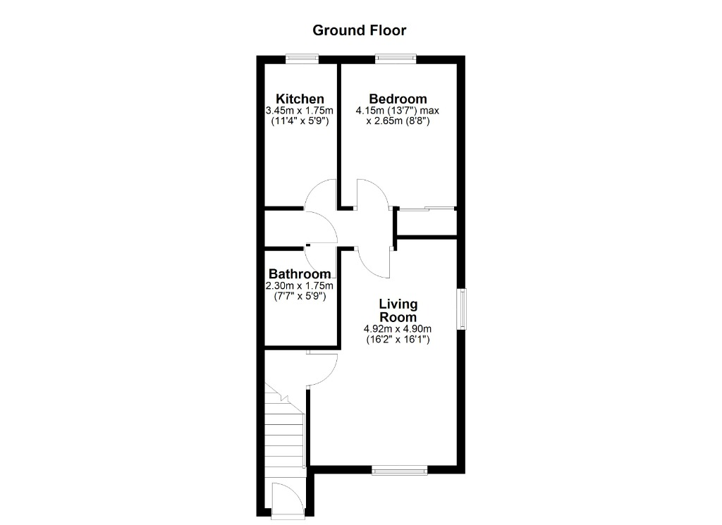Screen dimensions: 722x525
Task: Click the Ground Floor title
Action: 359,30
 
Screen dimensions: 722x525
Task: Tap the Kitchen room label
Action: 300,99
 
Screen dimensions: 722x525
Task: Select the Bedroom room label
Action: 398,99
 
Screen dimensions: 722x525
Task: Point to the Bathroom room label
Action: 300,273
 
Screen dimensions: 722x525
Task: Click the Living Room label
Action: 398,311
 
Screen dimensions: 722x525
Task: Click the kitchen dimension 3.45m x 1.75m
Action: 299,111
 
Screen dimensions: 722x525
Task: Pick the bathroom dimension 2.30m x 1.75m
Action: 299,285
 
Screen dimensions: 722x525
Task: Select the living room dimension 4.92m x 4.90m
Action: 398,329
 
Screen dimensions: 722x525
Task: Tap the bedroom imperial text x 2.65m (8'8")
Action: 398,121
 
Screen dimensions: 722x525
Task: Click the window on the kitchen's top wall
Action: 302,59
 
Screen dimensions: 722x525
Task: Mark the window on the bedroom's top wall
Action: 396,59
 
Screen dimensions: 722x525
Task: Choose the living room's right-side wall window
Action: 461,309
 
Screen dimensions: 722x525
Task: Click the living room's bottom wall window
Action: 399,470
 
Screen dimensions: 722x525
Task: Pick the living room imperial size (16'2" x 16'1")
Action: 398,340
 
